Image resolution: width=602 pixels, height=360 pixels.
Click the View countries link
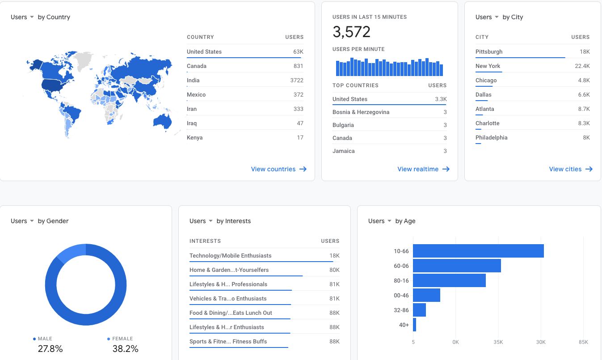[279, 169]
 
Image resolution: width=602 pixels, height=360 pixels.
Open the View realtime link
[423, 169]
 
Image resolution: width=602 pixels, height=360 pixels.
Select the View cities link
[571, 169]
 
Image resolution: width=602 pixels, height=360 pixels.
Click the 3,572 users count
[351, 32]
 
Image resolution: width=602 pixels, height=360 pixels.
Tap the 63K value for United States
[298, 51]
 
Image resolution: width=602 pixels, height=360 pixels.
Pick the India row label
[193, 80]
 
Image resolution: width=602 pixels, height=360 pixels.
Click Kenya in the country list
[194, 137]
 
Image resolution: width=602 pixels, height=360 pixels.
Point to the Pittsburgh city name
[488, 51]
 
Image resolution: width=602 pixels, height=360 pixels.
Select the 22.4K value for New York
[582, 66]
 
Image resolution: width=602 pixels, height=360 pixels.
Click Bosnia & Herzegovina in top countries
[361, 112]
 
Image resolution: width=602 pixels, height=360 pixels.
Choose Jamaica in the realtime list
[344, 151]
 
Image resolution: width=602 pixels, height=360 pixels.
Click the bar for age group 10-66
[478, 251]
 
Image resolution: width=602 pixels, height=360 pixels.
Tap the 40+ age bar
[414, 325]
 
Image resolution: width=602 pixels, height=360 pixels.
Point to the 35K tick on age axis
[498, 342]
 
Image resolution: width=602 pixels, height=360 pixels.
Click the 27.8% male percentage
[50, 349]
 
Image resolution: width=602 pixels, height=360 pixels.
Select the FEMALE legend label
[122, 339]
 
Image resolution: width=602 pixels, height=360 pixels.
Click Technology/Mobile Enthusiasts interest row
[230, 255]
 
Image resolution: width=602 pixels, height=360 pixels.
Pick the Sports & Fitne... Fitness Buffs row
[228, 342]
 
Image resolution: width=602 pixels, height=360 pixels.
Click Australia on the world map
[162, 121]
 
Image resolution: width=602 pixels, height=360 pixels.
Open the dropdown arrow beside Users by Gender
[32, 221]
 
